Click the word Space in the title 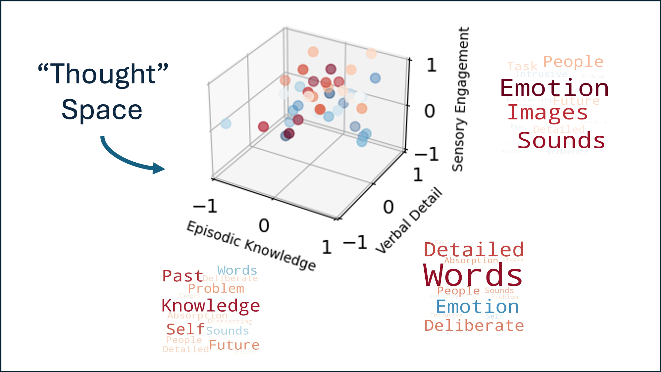pos(102,110)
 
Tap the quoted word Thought pos(103,74)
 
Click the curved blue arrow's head pos(159,168)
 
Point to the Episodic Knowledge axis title pos(251,245)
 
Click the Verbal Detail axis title pos(409,220)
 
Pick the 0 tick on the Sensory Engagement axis pos(429,111)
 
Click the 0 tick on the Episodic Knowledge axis pos(264,225)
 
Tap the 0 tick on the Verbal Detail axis pos(388,207)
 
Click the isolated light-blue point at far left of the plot pos(226,124)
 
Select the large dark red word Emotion pos(554,88)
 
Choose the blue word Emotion pos(477,306)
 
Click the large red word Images pos(548,113)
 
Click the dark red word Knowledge pos(211,305)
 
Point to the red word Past pos(182,276)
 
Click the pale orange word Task pos(522,66)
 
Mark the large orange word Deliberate pos(474,325)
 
